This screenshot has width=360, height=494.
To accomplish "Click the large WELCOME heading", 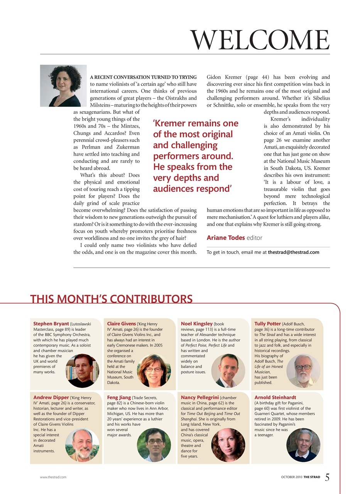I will click(x=260, y=40).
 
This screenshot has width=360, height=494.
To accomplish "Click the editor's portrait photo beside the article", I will click(x=63, y=86).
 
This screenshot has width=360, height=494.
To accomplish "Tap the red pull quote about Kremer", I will click(x=196, y=156).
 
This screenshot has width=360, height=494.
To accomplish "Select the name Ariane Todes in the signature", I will click(x=226, y=238).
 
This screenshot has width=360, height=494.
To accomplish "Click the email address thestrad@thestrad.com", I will click(x=293, y=252).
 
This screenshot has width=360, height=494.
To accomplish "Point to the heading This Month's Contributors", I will click(x=111, y=299).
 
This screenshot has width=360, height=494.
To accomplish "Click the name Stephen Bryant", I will click(x=51, y=324).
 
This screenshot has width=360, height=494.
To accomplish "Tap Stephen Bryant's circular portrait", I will click(x=83, y=371).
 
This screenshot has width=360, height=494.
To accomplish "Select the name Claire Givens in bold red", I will click(x=122, y=324).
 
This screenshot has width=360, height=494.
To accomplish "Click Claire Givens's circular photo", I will click(x=154, y=371).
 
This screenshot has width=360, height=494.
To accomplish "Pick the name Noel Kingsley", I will click(x=197, y=324).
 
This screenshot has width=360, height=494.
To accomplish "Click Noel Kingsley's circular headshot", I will click(x=228, y=371).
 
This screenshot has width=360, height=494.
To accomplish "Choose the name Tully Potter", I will click(x=268, y=324).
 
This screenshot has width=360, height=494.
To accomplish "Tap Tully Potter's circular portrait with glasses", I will click(x=303, y=371).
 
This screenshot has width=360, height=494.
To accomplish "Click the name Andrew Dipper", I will click(x=51, y=397).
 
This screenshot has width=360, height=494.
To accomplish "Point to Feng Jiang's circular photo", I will click(x=154, y=445).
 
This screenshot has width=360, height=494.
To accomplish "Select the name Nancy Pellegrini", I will click(x=200, y=397).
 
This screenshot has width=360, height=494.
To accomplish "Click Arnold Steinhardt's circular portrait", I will click(x=303, y=445).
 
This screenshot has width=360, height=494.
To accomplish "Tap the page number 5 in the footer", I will click(x=327, y=477).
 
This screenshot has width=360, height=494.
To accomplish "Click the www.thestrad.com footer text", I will click(x=53, y=477).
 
